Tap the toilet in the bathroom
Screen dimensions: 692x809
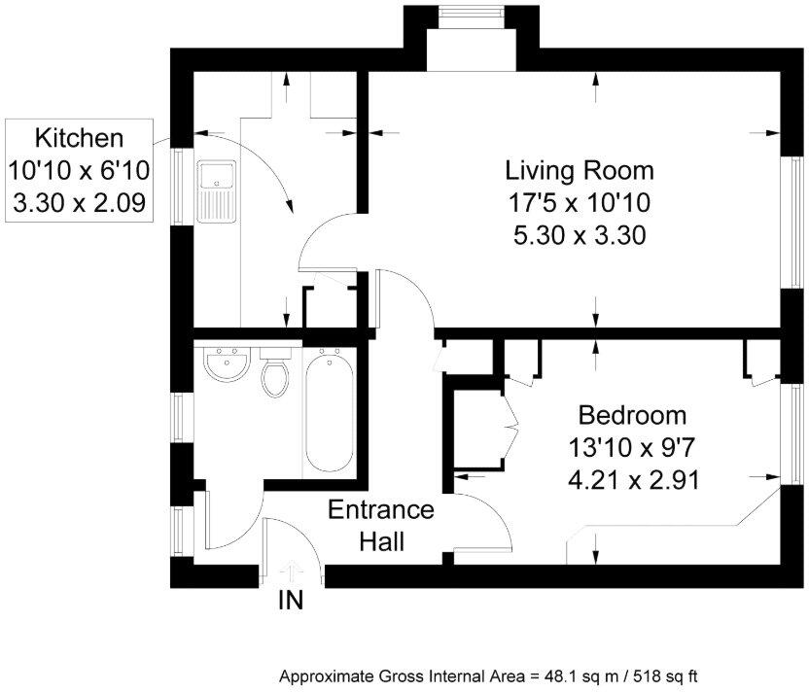(x=275, y=374)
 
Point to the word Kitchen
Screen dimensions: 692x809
(x=79, y=136)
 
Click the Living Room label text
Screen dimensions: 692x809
(x=579, y=172)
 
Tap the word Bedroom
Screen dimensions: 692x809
(x=632, y=416)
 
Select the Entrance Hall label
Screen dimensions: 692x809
(x=380, y=525)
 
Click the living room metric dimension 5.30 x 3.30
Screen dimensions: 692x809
(x=579, y=234)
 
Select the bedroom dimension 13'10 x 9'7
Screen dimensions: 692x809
(x=632, y=448)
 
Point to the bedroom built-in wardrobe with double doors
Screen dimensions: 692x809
(x=476, y=428)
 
